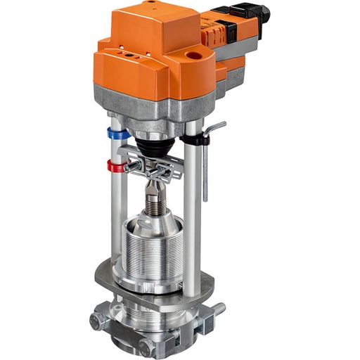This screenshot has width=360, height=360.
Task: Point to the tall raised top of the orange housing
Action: pyautogui.click(x=148, y=28)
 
